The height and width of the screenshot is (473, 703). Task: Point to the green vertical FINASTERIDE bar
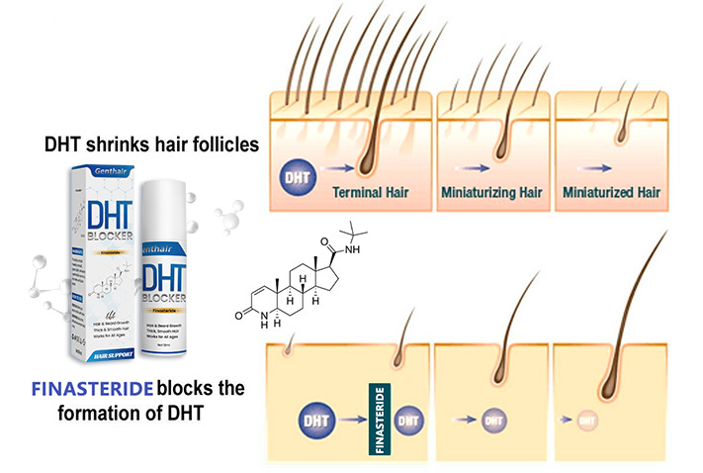378,418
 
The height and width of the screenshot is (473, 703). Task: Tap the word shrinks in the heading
127,145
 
